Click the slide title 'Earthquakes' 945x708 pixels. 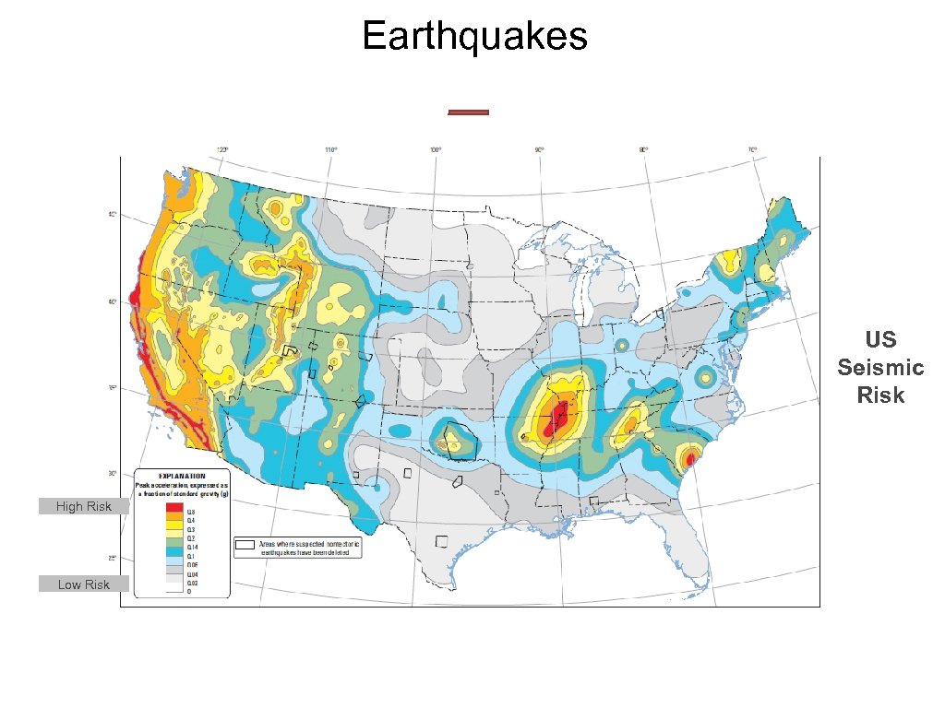pyautogui.click(x=474, y=37)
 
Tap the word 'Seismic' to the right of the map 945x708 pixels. pyautogui.click(x=880, y=368)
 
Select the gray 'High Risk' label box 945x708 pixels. pyautogui.click(x=84, y=506)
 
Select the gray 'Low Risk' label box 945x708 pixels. pyautogui.click(x=84, y=584)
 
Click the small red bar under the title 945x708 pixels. pyautogui.click(x=468, y=112)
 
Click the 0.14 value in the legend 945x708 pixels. pyautogui.click(x=194, y=547)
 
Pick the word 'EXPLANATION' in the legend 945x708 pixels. pyautogui.click(x=184, y=475)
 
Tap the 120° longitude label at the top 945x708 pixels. pyautogui.click(x=222, y=149)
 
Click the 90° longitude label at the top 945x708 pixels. pyautogui.click(x=540, y=149)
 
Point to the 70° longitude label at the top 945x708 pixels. pyautogui.click(x=752, y=149)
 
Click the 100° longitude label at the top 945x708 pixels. pyautogui.click(x=435, y=149)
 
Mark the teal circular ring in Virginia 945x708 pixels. pyautogui.click(x=705, y=376)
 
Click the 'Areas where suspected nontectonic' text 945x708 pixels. pyautogui.click(x=309, y=544)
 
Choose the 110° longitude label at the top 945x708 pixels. pyautogui.click(x=329, y=149)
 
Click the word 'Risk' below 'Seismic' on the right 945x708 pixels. pyautogui.click(x=880, y=395)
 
